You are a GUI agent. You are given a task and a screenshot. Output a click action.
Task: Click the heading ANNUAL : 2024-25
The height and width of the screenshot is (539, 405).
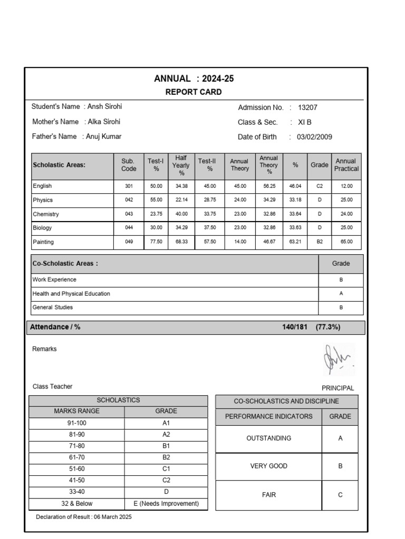[x=194, y=79]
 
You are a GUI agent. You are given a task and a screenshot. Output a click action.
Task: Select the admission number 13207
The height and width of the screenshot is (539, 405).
[x=307, y=107]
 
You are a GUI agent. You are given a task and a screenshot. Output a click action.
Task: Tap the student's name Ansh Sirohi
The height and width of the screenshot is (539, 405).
[x=104, y=106]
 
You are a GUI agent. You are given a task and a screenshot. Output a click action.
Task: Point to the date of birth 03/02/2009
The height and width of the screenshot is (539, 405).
[x=314, y=137]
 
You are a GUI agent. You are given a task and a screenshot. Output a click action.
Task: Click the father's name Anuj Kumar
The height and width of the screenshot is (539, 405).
[x=103, y=136]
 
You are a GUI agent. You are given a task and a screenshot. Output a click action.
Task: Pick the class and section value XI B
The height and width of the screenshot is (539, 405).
[x=305, y=122]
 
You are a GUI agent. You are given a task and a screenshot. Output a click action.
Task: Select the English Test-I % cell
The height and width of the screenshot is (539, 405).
[x=156, y=186]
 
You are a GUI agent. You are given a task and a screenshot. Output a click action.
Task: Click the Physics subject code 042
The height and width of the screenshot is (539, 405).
[x=129, y=201]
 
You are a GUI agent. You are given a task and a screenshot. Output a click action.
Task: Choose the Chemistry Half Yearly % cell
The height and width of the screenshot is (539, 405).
[x=181, y=214]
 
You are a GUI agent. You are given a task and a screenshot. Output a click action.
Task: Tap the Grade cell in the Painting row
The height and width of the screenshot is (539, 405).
[x=319, y=243]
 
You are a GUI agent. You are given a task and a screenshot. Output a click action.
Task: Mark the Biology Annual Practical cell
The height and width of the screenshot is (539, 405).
[x=346, y=228]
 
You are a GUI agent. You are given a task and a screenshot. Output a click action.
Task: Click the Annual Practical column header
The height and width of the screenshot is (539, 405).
[x=346, y=165]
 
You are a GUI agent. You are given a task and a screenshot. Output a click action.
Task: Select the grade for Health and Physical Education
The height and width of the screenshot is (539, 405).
[x=341, y=294]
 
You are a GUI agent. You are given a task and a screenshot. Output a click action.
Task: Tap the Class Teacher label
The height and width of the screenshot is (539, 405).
[x=53, y=386]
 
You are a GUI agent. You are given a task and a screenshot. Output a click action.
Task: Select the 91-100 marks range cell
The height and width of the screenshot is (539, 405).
[x=76, y=423]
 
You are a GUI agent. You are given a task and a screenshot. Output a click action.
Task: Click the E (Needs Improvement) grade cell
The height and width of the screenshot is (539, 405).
[x=166, y=504]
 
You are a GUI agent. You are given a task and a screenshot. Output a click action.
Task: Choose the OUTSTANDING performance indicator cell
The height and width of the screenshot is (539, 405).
[x=268, y=438]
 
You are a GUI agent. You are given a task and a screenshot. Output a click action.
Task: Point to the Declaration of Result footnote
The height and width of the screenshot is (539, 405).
[x=84, y=517]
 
